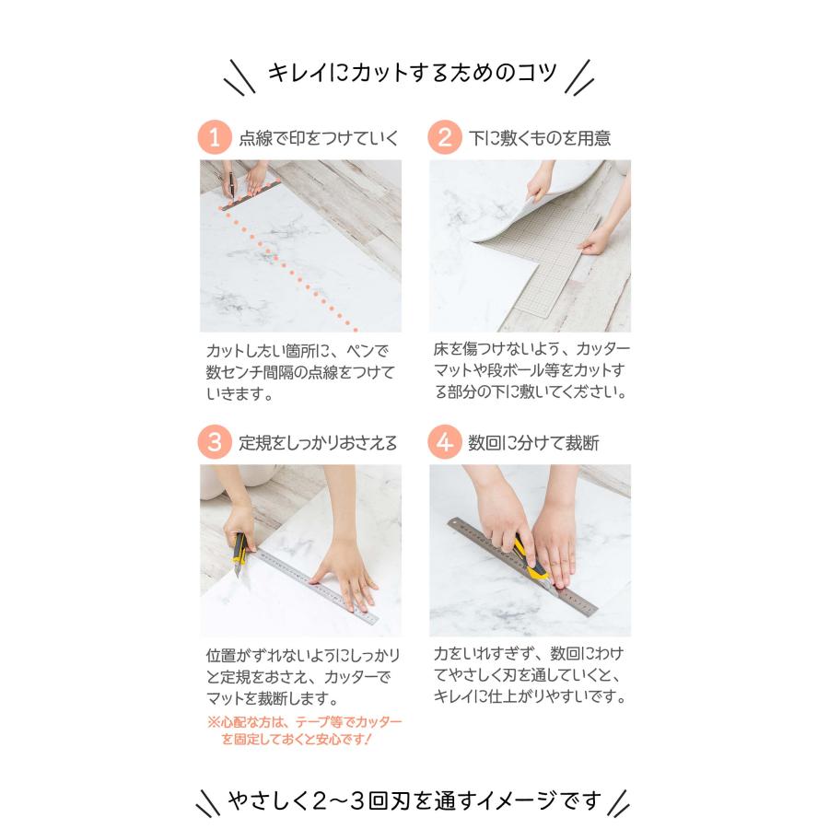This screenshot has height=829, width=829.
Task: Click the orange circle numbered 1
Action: [215, 138]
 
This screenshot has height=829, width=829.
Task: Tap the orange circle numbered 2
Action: [444, 138]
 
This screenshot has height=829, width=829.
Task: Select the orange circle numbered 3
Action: [215, 442]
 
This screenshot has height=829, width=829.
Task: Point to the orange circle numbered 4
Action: [444, 442]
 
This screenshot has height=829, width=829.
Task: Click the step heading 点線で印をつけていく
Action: [319, 139]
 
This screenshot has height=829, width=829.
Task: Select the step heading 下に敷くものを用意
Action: [539, 139]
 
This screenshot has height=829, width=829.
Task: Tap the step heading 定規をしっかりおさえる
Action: [319, 443]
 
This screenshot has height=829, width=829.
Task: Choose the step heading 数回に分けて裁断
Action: [533, 443]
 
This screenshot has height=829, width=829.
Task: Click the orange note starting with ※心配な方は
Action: [304, 730]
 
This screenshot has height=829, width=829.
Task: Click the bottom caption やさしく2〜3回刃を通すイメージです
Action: [414, 799]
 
